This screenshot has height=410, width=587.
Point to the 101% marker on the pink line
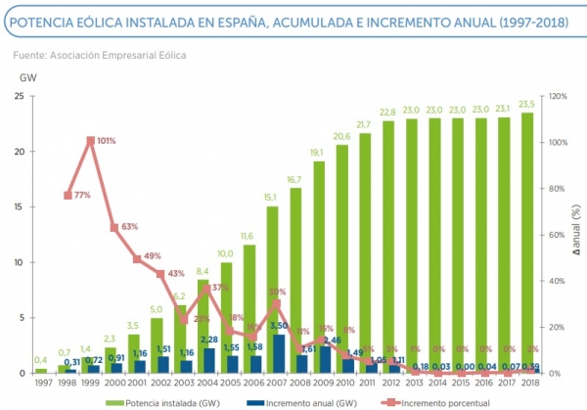tap(90, 141)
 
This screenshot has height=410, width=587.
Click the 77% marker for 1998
tap(67, 195)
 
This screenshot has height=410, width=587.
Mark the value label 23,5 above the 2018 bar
tap(528, 105)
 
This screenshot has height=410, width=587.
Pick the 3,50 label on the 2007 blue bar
tap(277, 326)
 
